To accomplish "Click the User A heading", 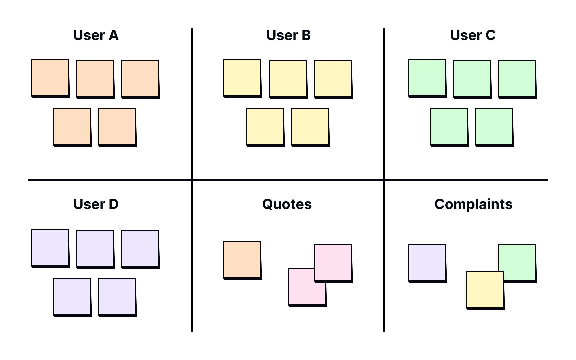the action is [96, 35].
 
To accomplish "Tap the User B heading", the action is [288, 35].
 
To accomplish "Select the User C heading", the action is [473, 35].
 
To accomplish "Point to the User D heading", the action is [96, 204].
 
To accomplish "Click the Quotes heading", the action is [287, 204].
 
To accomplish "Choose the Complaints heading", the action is [473, 204].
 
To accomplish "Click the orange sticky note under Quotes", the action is [242, 260].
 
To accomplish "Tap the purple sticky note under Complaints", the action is [427, 263].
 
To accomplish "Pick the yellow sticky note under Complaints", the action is [485, 290].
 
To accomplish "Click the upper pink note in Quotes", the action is [333, 263].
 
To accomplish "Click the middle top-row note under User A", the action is [95, 79].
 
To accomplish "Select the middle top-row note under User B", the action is [288, 79].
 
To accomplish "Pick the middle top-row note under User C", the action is [472, 79].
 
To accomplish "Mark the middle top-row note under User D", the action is [95, 249].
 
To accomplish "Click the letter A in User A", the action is [113, 35].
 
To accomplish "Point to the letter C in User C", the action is [490, 35].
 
